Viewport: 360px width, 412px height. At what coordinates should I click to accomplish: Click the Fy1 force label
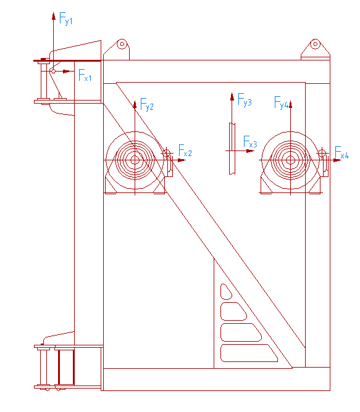tap(66, 19)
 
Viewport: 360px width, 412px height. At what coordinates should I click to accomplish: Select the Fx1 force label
tap(85, 75)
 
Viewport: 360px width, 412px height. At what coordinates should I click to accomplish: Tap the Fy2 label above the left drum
tap(147, 104)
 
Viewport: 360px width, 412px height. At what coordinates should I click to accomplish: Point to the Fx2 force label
tap(185, 150)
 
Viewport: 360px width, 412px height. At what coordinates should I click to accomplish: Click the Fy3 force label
tap(245, 99)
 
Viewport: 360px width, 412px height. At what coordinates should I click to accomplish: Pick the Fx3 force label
tap(250, 142)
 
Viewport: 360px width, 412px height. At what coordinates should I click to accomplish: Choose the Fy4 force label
tap(282, 102)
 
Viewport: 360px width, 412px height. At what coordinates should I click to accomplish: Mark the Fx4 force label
tap(342, 152)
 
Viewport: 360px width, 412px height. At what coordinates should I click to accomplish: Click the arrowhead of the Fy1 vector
tap(54, 16)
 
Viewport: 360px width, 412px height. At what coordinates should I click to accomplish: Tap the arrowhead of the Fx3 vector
tap(250, 151)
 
